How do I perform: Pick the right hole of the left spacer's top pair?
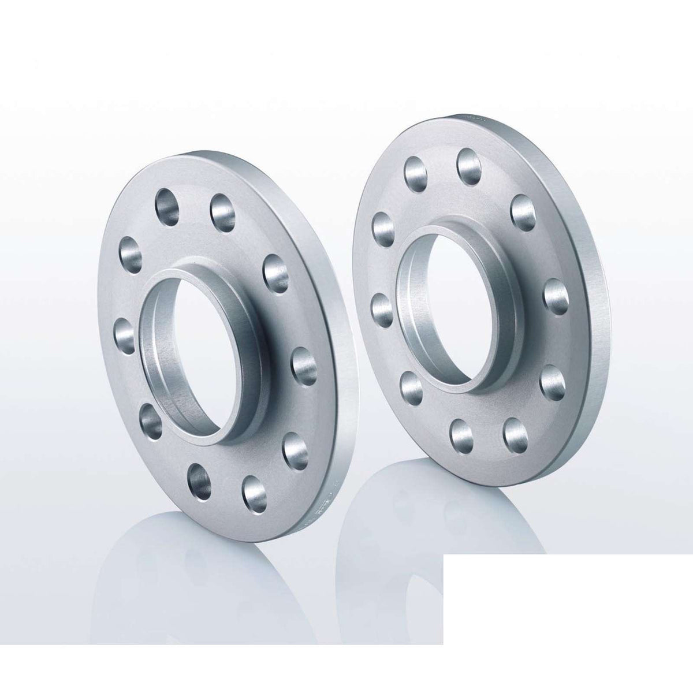click(x=223, y=210)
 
